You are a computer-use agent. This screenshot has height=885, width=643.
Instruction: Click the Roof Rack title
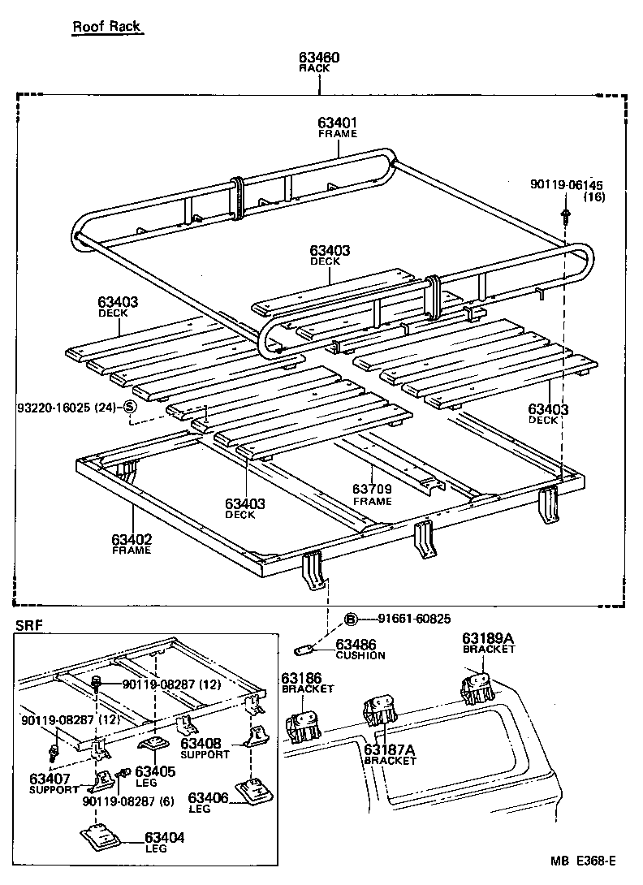[x=106, y=27]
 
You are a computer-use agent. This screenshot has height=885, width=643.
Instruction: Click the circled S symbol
[x=128, y=407]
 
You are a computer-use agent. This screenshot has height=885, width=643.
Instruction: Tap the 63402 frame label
[x=132, y=538]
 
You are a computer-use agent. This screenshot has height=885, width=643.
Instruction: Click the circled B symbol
[x=351, y=619]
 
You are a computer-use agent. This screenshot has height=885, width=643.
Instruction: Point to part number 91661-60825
[x=406, y=619]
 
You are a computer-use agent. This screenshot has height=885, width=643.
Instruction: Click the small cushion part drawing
[x=305, y=649]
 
